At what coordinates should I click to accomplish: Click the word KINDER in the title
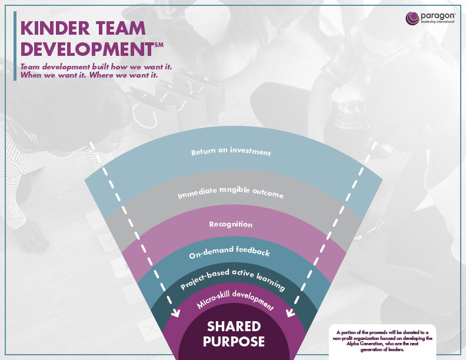[x=55, y=28]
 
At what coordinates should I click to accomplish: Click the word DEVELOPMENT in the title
[x=87, y=49]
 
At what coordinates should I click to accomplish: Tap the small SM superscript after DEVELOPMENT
[x=159, y=45]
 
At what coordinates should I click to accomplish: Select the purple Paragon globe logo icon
[x=412, y=18]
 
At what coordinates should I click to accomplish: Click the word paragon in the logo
[x=437, y=16]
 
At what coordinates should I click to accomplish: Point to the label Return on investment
[x=231, y=151]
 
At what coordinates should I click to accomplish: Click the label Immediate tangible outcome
[x=231, y=192]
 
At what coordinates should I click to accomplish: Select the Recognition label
[x=231, y=224]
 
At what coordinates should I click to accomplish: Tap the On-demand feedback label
[x=229, y=252]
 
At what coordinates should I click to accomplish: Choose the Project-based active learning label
[x=232, y=279]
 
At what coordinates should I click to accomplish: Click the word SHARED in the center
[x=234, y=326]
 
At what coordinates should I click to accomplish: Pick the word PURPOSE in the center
[x=234, y=342]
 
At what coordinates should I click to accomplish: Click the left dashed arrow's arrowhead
[x=176, y=314]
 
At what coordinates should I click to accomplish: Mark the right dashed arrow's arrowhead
[x=289, y=313]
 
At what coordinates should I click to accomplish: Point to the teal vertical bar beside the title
[x=15, y=46]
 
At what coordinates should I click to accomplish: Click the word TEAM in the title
[x=121, y=28]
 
